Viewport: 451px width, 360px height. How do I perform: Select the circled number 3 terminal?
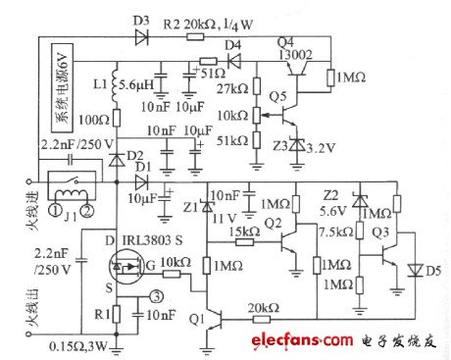coord(158,299)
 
